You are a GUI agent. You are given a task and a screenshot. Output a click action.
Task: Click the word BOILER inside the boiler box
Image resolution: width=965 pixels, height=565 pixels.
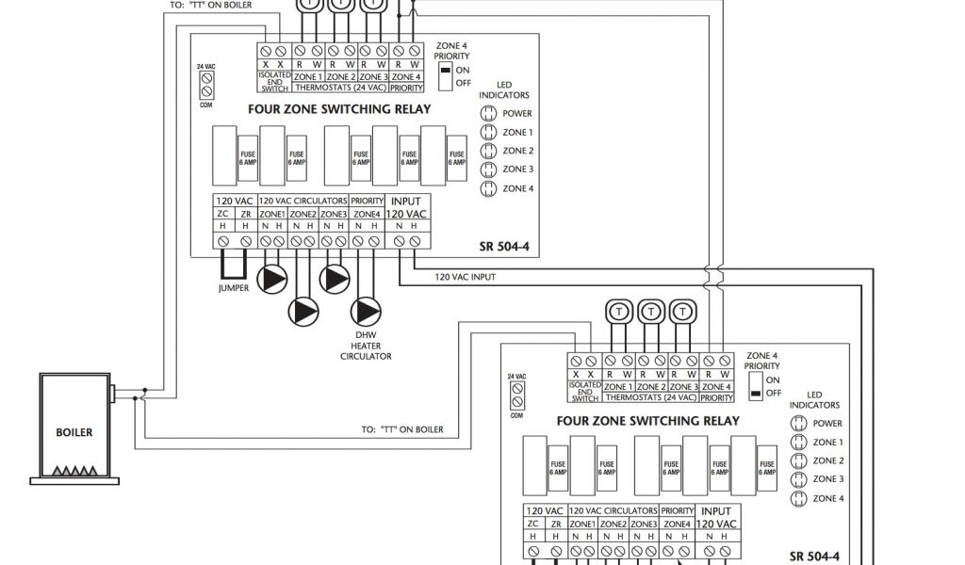pyautogui.click(x=74, y=434)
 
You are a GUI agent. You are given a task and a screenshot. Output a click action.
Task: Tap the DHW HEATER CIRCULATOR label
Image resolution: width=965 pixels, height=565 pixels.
pyautogui.click(x=366, y=347)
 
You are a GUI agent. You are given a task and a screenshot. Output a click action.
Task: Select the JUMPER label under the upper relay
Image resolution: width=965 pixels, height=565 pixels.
pyautogui.click(x=233, y=288)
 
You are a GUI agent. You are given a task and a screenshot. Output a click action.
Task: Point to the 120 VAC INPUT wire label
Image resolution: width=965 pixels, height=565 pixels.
pyautogui.click(x=466, y=277)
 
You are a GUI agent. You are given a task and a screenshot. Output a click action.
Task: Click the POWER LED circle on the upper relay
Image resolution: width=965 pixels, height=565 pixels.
pyautogui.click(x=488, y=114)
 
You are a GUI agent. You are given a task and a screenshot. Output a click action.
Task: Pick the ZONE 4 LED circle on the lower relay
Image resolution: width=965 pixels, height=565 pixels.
pyautogui.click(x=798, y=498)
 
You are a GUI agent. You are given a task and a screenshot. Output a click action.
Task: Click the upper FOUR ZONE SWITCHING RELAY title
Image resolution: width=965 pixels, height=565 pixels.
pyautogui.click(x=338, y=109)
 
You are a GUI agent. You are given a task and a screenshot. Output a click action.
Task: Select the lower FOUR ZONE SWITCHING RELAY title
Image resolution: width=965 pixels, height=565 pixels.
pyautogui.click(x=648, y=420)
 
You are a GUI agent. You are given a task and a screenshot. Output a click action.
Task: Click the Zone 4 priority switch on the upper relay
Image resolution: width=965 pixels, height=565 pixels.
pyautogui.click(x=445, y=71)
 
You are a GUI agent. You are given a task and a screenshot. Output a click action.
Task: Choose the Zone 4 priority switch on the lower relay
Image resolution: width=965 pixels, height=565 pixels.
pyautogui.click(x=755, y=385)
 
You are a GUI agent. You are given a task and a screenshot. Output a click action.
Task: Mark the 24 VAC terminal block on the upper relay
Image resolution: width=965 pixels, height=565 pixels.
pyautogui.click(x=205, y=86)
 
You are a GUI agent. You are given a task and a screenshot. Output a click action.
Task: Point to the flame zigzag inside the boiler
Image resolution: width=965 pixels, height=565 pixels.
pyautogui.click(x=74, y=470)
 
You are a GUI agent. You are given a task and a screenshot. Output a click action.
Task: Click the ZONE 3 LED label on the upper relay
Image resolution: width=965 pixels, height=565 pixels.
pyautogui.click(x=518, y=169)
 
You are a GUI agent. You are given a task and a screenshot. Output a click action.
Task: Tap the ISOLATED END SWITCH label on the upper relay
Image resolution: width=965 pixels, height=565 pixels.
pyautogui.click(x=275, y=82)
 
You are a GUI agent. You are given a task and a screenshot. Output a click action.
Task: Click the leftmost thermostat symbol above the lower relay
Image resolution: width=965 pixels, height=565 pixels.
pyautogui.click(x=619, y=311)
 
